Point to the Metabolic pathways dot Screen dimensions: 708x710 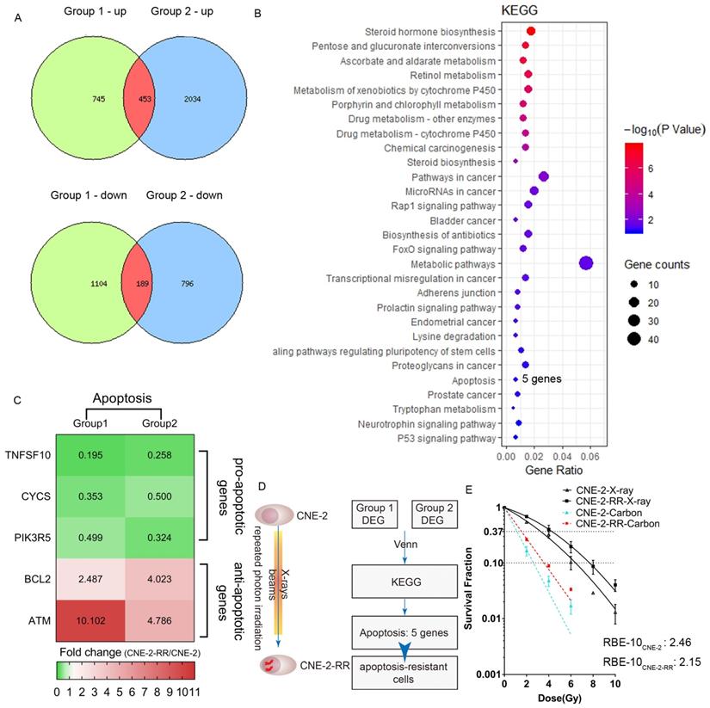click(x=587, y=263)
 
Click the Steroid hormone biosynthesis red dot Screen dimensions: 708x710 click(x=531, y=32)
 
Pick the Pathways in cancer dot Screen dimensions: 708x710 click(x=543, y=176)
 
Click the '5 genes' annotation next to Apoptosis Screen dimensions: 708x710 click(x=541, y=379)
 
